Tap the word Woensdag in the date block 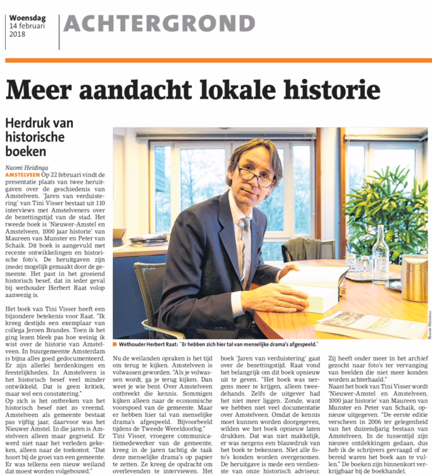pos(28,17)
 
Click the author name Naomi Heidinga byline pos(27,168)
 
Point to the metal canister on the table pos(415,277)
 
